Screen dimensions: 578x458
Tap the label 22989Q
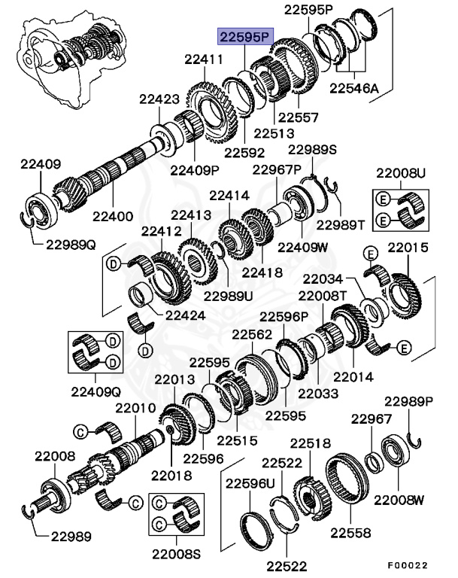pos(71,243)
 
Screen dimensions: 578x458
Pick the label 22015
pos(408,246)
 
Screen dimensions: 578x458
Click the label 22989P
pos(410,401)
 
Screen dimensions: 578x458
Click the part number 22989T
pos(343,224)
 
